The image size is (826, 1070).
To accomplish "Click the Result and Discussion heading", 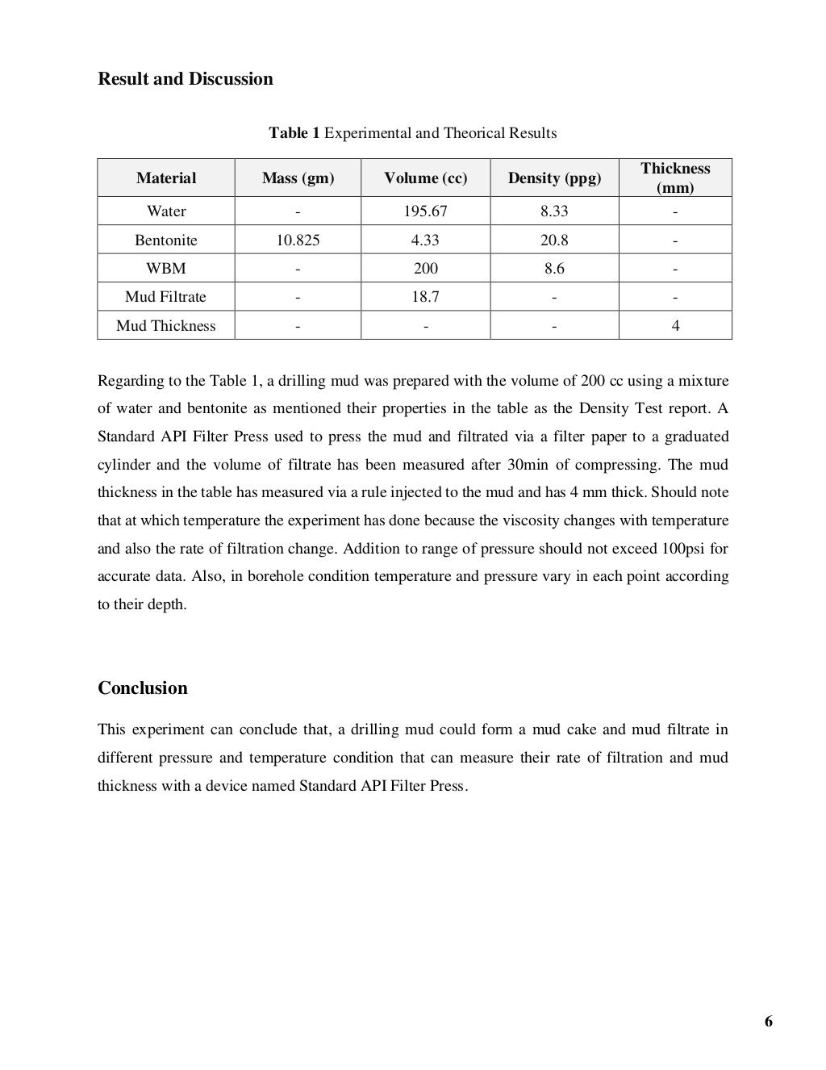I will pos(186,79).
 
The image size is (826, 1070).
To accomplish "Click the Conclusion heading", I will pos(143,688).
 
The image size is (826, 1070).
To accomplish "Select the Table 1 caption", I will pos(412,133).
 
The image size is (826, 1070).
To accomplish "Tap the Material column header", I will pos(166,178).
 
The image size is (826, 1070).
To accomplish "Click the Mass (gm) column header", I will pos(298,178).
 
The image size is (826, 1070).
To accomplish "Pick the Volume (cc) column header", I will pos(425,178).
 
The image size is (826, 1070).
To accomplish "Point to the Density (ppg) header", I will pos(554,178).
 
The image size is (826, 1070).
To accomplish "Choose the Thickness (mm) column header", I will pos(675,178).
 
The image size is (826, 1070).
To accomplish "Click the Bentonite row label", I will pos(166,240).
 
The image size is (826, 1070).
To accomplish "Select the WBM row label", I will pos(166,269).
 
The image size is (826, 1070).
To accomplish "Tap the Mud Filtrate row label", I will pos(166,297).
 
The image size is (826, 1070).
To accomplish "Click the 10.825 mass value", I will pos(298,240).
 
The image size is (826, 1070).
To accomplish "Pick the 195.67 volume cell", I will pos(425,211).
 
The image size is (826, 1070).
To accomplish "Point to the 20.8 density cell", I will pos(554,240).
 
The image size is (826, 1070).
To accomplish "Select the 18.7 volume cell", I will pos(425,297).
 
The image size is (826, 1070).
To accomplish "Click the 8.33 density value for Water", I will pos(554,211).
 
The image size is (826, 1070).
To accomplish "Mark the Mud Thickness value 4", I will pos(675,326).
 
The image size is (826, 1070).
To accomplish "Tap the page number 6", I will pos(768,1022).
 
